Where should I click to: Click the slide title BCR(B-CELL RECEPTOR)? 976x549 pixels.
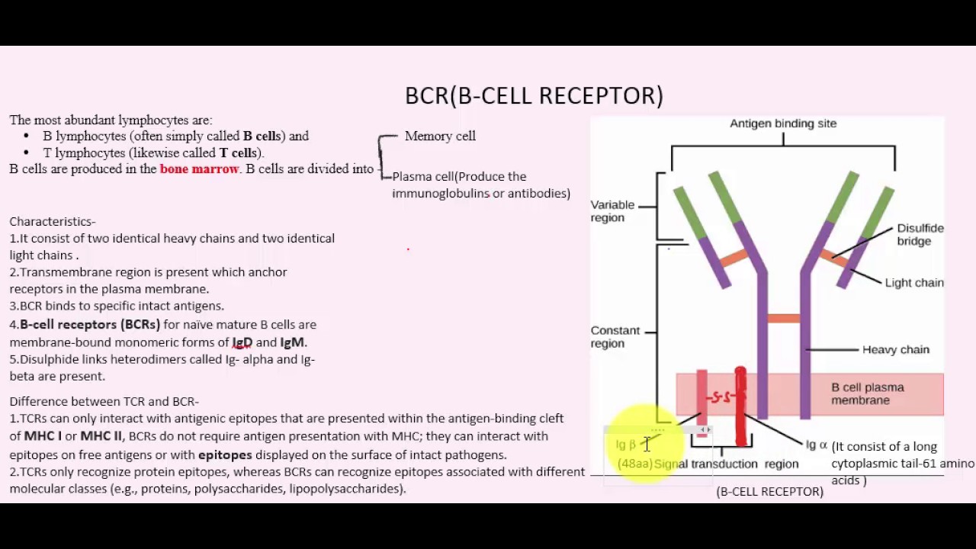(x=534, y=95)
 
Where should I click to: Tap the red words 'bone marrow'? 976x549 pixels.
(x=199, y=169)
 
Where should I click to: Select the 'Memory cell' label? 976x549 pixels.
(x=440, y=136)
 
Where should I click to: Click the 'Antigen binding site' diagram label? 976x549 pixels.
(x=783, y=124)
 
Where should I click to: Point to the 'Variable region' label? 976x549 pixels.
(x=612, y=211)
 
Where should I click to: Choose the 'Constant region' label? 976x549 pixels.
(x=615, y=337)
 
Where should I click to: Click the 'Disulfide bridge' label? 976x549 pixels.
(x=920, y=234)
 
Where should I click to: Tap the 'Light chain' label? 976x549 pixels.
(x=913, y=283)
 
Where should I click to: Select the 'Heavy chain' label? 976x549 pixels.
(x=895, y=350)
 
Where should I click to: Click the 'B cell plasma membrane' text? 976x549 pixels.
(x=867, y=393)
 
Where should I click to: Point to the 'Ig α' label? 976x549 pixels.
(x=816, y=445)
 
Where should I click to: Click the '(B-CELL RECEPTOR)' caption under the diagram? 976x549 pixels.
(x=769, y=492)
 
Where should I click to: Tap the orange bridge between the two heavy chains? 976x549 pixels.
(x=783, y=319)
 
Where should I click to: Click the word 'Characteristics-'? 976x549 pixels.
(x=53, y=222)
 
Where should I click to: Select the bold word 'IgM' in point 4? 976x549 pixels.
(x=293, y=342)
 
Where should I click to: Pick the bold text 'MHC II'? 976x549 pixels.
(x=101, y=436)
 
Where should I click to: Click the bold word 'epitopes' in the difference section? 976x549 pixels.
(x=225, y=454)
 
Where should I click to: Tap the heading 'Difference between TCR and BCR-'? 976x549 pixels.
(x=104, y=401)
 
